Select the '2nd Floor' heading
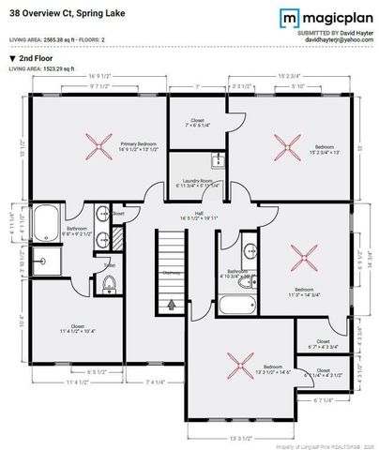click(x=31, y=58)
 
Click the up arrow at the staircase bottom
click(x=171, y=304)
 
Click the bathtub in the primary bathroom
click(x=44, y=224)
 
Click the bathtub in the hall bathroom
click(x=239, y=303)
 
